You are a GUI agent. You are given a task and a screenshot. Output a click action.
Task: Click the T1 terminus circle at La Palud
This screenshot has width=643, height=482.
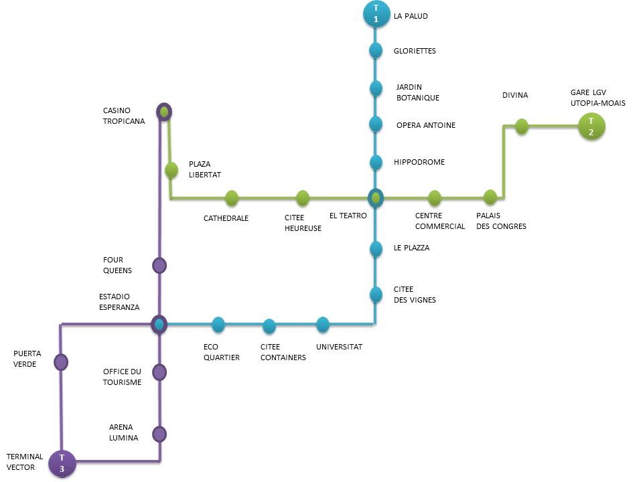pyautogui.click(x=376, y=14)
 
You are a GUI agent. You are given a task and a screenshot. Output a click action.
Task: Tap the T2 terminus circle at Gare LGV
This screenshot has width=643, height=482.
pyautogui.click(x=591, y=126)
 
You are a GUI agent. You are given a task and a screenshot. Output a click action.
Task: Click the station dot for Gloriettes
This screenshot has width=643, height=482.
pyautogui.click(x=376, y=50)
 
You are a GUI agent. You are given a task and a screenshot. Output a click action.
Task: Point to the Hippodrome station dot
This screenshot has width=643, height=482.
pyautogui.click(x=376, y=162)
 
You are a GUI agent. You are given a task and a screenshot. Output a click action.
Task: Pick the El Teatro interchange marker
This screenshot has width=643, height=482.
pyautogui.click(x=376, y=197)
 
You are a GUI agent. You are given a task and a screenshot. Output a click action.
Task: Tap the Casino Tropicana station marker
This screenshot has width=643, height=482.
pyautogui.click(x=163, y=111)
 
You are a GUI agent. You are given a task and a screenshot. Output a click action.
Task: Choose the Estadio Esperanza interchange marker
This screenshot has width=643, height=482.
pyautogui.click(x=159, y=325)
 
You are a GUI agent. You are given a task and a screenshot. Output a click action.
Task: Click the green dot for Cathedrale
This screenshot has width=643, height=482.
pyautogui.click(x=232, y=197)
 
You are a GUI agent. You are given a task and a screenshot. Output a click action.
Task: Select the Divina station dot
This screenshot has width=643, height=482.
pyautogui.click(x=522, y=126)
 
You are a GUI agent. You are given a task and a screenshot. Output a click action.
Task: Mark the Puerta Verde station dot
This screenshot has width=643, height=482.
pyautogui.click(x=61, y=362)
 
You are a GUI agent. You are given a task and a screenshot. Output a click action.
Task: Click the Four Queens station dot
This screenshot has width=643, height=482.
pyautogui.click(x=159, y=266)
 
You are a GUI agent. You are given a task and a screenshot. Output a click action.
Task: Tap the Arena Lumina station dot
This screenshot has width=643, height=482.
pyautogui.click(x=159, y=434)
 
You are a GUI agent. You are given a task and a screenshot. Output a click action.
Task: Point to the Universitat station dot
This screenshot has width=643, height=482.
pyautogui.click(x=323, y=325)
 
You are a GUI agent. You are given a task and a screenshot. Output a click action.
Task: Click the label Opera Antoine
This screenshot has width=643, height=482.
pyautogui.click(x=425, y=125)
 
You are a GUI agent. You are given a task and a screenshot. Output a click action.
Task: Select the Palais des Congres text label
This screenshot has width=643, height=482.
pyautogui.click(x=500, y=221)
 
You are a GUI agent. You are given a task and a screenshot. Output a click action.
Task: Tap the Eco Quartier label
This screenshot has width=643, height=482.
pyautogui.click(x=221, y=352)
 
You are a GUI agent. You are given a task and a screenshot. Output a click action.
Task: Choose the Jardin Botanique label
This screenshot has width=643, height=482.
pyautogui.click(x=418, y=92)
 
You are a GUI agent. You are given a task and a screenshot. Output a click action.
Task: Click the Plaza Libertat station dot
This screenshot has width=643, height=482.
pyautogui.click(x=171, y=170)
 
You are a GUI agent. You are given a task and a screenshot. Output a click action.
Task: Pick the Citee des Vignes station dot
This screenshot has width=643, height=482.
pyautogui.click(x=376, y=294)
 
